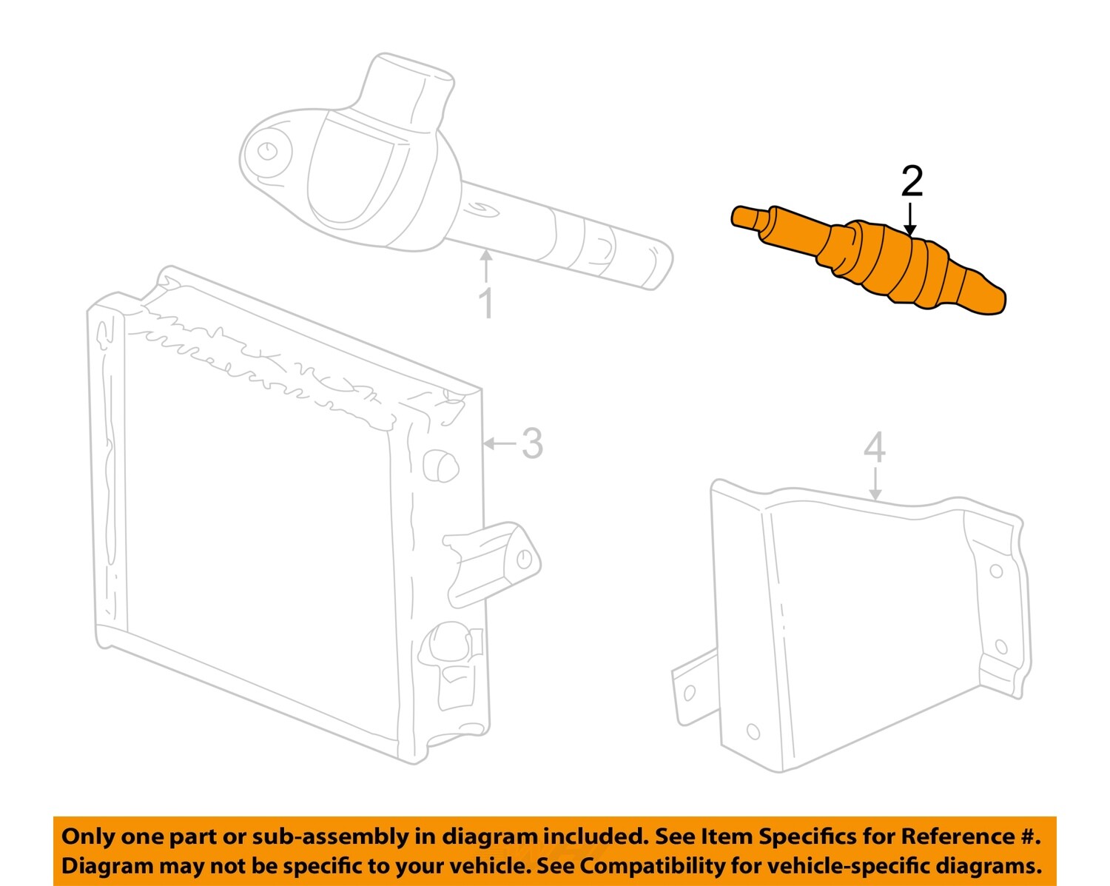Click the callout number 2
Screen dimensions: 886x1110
click(x=912, y=182)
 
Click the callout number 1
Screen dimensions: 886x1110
click(x=485, y=303)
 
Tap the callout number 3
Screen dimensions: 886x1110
click(x=532, y=443)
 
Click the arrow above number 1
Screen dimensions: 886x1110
click(x=485, y=266)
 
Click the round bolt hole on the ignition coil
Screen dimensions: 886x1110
click(x=266, y=151)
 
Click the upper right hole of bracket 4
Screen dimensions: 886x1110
click(x=996, y=571)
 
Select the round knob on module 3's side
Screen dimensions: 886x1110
click(x=441, y=466)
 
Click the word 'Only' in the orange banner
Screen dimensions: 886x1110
click(x=88, y=836)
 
